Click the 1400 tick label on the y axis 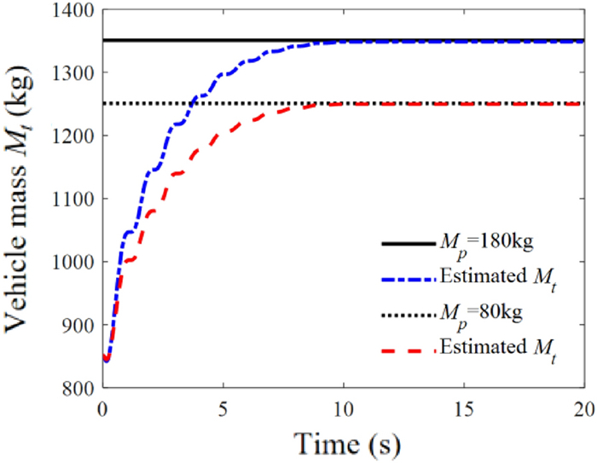tap(72, 11)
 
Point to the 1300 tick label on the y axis tap(72, 73)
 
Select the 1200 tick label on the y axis tap(72, 136)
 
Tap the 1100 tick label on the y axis tap(72, 200)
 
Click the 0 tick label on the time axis tap(102, 407)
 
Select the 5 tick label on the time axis tap(223, 407)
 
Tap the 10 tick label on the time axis tap(343, 407)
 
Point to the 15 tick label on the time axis tap(463, 407)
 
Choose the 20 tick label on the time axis tap(583, 407)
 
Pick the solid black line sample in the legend tap(408, 245)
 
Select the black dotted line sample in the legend tap(408, 314)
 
